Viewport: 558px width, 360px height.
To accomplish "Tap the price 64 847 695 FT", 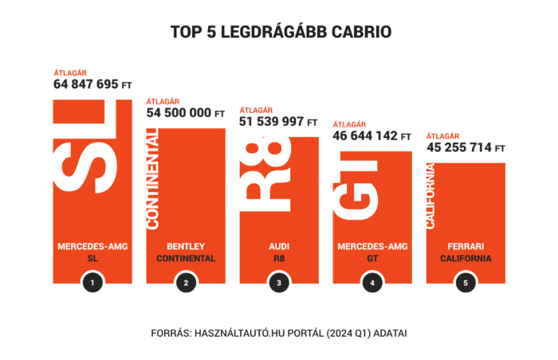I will (x=92, y=84).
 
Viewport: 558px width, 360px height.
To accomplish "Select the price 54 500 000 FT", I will (x=186, y=113).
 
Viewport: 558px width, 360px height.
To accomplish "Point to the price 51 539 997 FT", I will (x=278, y=122).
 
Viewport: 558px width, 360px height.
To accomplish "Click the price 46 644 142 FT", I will (x=371, y=136).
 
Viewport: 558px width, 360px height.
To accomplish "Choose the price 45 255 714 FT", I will (x=466, y=147).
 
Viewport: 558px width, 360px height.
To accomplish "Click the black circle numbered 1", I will (x=92, y=282).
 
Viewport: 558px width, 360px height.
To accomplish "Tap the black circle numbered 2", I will (x=186, y=282).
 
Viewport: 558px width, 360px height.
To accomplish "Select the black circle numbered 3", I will (x=278, y=282).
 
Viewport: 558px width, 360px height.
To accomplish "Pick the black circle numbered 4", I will (x=371, y=282).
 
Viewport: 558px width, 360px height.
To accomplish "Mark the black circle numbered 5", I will (x=466, y=282).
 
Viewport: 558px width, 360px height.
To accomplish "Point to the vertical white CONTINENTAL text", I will (x=153, y=180).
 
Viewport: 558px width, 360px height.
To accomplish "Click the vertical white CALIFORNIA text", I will (x=431, y=196).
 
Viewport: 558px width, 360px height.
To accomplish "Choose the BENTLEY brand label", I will (x=186, y=246).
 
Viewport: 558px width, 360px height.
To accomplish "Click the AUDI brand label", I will (x=278, y=246).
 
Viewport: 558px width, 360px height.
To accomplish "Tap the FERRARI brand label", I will (x=466, y=246).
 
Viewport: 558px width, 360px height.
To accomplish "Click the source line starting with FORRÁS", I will (x=279, y=332).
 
